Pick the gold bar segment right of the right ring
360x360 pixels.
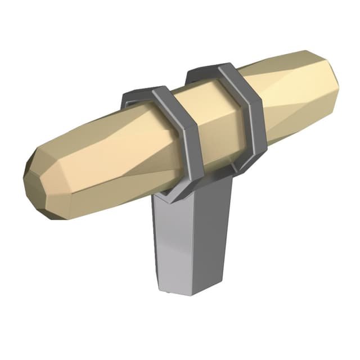(x=292, y=101)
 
